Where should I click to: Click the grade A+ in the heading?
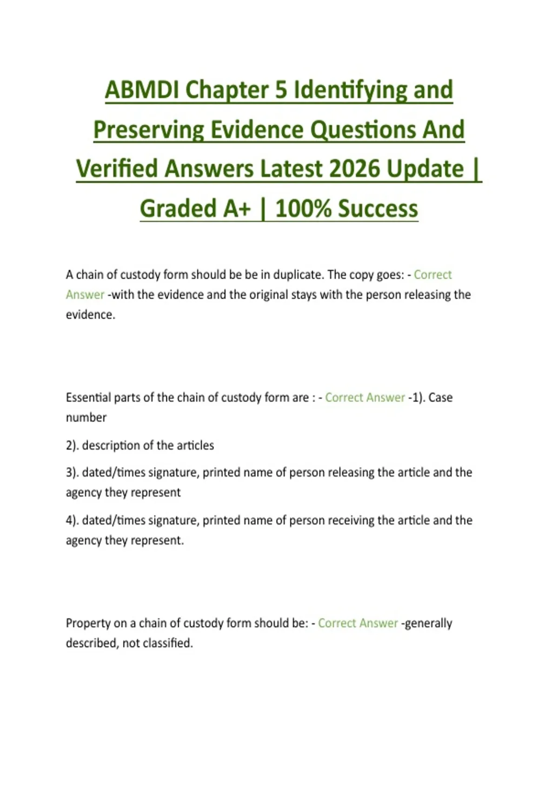(x=238, y=208)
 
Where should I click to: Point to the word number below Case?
(x=86, y=417)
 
